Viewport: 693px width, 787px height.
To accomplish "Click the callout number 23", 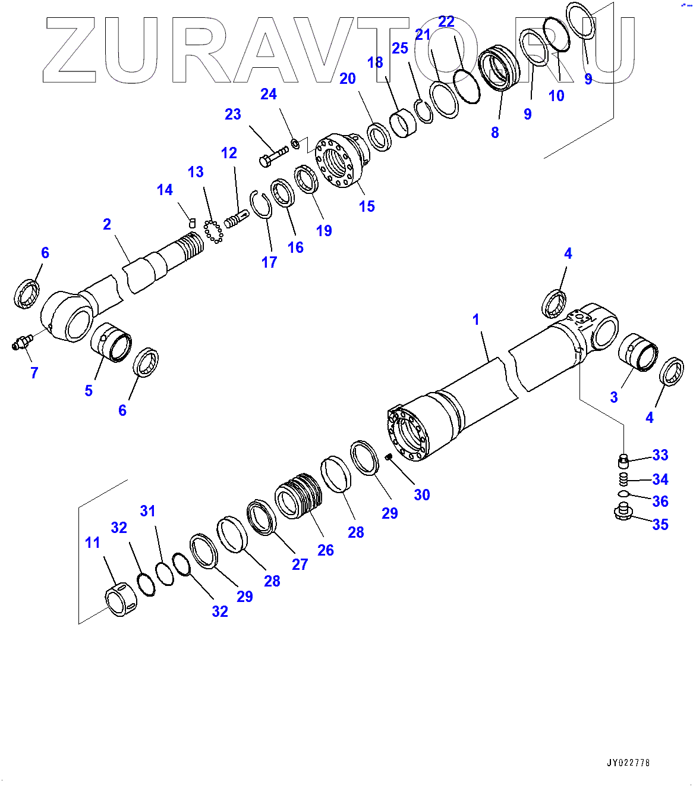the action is click(x=233, y=114).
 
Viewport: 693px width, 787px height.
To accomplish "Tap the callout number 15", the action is click(x=367, y=206).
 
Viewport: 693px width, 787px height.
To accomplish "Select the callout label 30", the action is click(x=422, y=495).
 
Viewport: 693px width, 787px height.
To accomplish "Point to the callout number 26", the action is click(x=326, y=550).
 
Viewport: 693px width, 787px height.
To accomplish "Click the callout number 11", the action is click(x=93, y=543).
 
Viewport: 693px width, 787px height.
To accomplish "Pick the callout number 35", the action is click(x=660, y=525).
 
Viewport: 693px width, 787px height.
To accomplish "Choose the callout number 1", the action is click(x=475, y=319).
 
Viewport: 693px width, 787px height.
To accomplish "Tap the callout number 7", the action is click(x=34, y=373).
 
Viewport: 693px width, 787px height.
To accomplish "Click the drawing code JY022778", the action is click(x=628, y=763).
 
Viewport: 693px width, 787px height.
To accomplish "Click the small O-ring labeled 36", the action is click(x=623, y=494).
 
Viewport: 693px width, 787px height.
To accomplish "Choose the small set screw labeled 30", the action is click(x=389, y=457).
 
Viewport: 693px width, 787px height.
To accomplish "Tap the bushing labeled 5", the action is click(x=112, y=341).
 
